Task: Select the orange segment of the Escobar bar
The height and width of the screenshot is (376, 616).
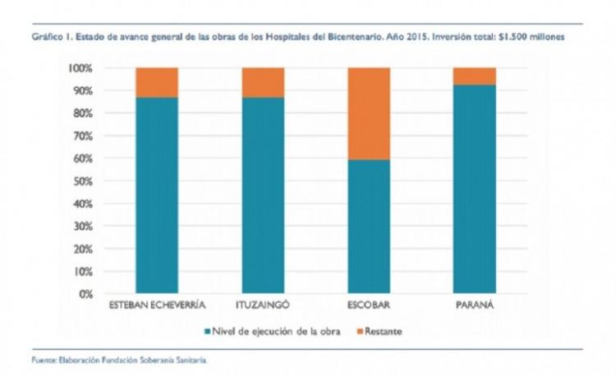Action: tap(369, 113)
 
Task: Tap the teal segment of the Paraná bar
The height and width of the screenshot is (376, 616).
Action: tap(475, 189)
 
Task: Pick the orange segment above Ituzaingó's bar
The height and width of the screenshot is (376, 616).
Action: tap(263, 82)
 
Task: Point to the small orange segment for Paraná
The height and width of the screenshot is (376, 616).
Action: tap(475, 76)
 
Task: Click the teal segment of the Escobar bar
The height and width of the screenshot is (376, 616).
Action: tap(369, 227)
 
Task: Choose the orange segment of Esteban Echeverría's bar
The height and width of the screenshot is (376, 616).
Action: tap(157, 82)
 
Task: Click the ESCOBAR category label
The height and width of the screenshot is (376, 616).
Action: tap(369, 306)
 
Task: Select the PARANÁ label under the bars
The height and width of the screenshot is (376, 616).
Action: tap(475, 306)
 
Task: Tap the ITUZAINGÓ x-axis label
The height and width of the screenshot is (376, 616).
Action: tap(263, 306)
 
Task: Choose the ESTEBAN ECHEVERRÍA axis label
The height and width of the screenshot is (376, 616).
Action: tap(157, 306)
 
